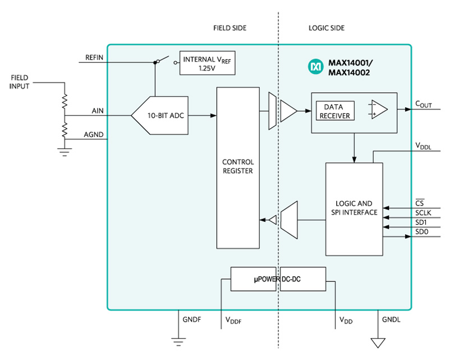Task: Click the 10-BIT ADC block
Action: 160,115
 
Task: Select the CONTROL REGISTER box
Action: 238,167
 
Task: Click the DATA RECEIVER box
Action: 337,111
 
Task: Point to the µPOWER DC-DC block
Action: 277,279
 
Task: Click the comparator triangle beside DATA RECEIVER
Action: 378,110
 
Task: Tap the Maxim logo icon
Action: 315,66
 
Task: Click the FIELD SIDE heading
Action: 230,28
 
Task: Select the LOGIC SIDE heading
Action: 327,28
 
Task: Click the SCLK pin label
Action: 423,213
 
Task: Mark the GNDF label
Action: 192,319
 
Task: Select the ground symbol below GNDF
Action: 178,340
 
